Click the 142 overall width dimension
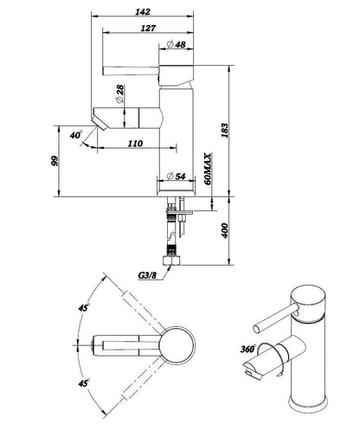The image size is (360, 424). [143, 12]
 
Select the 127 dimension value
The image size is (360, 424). [148, 29]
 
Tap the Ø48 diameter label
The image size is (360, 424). [177, 44]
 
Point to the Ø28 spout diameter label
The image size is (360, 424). [119, 93]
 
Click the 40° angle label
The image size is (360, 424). [76, 134]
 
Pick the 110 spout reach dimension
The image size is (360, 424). [135, 144]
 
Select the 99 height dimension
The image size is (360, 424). [55, 161]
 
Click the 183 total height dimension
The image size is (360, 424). [224, 131]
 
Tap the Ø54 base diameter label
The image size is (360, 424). [177, 176]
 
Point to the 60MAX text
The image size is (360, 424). [208, 169]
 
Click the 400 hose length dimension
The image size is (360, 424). [224, 230]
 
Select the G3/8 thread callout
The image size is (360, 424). [147, 275]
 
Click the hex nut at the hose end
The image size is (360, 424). [171, 260]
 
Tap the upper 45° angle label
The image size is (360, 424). [83, 307]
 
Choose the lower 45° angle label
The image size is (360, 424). [83, 382]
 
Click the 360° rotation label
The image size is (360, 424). [248, 349]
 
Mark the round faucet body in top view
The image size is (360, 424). [177, 345]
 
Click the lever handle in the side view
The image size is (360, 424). [131, 71]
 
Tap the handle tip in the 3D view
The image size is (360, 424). [257, 329]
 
